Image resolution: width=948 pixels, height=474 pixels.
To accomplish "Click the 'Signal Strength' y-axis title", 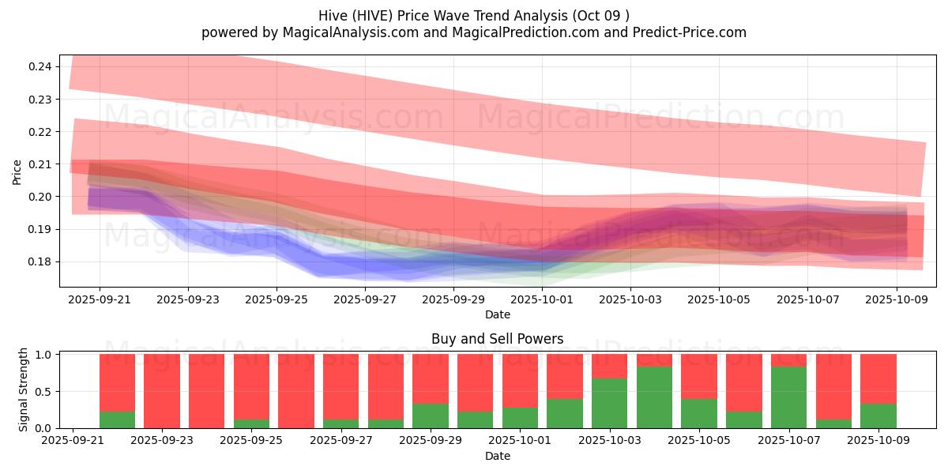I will tap(24, 389).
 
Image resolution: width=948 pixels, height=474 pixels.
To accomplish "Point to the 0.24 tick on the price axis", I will tap(40, 66).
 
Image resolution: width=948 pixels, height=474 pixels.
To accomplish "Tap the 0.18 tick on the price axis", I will tap(40, 261).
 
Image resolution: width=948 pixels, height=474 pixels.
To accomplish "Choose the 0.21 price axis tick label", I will tap(40, 164).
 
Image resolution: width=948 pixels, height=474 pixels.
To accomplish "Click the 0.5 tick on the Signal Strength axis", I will tap(44, 391).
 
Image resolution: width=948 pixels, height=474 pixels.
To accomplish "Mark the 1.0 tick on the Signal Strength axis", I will tap(44, 355).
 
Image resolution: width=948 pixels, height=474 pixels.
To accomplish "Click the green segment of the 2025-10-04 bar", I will tap(654, 397).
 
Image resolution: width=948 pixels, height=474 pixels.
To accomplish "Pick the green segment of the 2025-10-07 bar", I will tap(788, 397).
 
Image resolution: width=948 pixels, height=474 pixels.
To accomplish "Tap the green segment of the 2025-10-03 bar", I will tap(609, 403).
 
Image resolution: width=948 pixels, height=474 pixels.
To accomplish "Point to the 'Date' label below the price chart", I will tap(497, 314).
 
